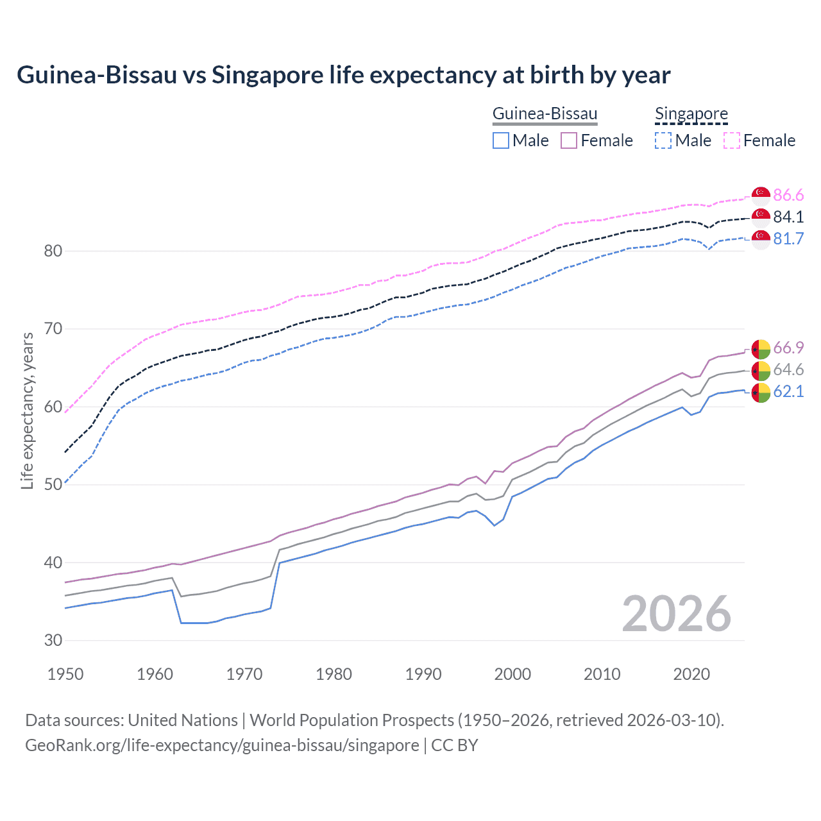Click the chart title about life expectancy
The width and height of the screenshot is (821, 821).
pyautogui.click(x=343, y=75)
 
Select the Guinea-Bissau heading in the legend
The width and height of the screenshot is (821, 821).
pyautogui.click(x=545, y=114)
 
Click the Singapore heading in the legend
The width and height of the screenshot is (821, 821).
pyautogui.click(x=691, y=114)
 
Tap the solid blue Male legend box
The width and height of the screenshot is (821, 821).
pyautogui.click(x=501, y=140)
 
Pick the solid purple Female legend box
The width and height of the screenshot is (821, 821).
pyautogui.click(x=569, y=140)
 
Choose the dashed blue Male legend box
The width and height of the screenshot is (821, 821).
pyautogui.click(x=663, y=140)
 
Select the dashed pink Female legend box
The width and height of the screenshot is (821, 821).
pyautogui.click(x=732, y=140)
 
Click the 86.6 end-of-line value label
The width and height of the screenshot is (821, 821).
pyautogui.click(x=788, y=195)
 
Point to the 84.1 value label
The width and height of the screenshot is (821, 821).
pyautogui.click(x=788, y=217)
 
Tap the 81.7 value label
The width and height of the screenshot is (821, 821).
pyautogui.click(x=788, y=239)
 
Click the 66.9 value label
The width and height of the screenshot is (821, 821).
pyautogui.click(x=788, y=348)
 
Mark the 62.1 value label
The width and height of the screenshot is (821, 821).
pyautogui.click(x=788, y=391)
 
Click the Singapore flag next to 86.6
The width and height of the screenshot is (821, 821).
pyautogui.click(x=761, y=196)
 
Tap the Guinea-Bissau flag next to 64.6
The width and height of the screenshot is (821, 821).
pyautogui.click(x=761, y=370)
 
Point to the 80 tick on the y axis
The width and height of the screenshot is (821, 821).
pyautogui.click(x=53, y=251)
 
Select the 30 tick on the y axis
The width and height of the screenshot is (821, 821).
pyautogui.click(x=53, y=640)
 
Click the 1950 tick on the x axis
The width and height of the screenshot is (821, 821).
pyautogui.click(x=65, y=674)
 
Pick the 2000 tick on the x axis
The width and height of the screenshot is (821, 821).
pyautogui.click(x=512, y=674)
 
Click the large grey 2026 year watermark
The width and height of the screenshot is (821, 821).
pyautogui.click(x=676, y=614)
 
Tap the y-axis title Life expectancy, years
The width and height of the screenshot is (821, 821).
pyautogui.click(x=28, y=410)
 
